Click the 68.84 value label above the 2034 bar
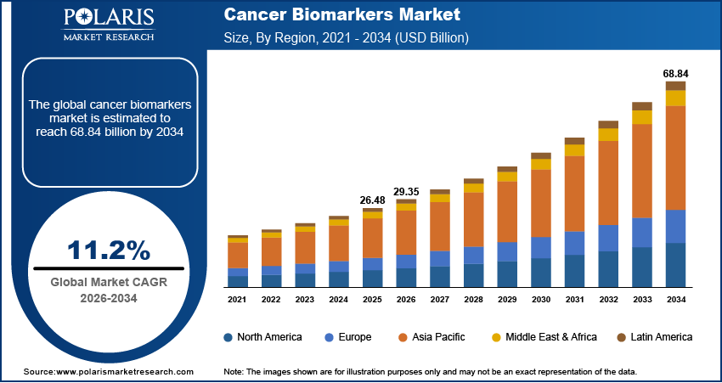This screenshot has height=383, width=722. (x=675, y=74)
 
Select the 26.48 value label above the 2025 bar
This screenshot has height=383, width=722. (x=372, y=200)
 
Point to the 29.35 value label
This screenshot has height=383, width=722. (x=406, y=193)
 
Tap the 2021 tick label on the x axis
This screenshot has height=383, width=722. (x=238, y=300)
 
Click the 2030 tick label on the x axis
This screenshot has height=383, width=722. (x=541, y=300)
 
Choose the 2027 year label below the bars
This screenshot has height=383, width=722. (x=440, y=300)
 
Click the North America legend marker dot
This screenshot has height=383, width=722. (x=228, y=337)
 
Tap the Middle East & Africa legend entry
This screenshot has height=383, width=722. (x=543, y=337)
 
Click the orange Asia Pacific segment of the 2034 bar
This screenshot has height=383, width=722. (x=675, y=157)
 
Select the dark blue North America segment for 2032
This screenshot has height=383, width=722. (x=608, y=269)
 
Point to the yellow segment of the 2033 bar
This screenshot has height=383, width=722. (x=642, y=117)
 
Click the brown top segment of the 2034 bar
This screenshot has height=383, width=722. (x=675, y=86)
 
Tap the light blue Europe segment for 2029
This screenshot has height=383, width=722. (x=507, y=251)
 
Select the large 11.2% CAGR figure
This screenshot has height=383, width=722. (x=109, y=250)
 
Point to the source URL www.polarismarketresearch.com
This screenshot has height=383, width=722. (x=108, y=372)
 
